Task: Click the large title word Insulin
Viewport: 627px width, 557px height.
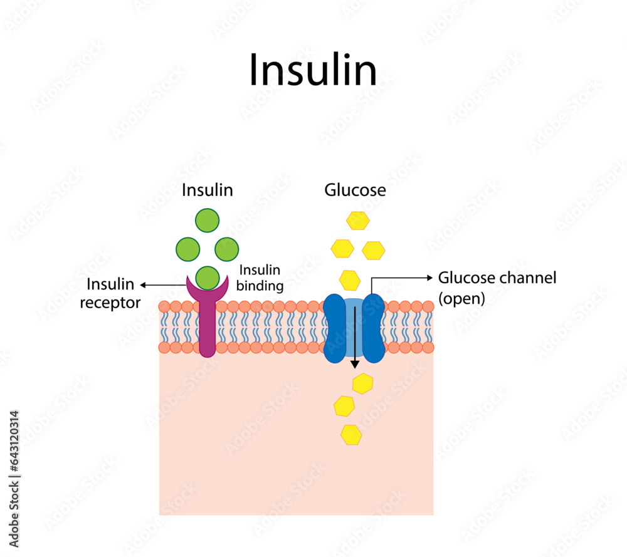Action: coord(313,70)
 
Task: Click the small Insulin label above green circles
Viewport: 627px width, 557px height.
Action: coord(207,190)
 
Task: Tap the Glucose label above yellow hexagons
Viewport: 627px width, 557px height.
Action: coord(355,190)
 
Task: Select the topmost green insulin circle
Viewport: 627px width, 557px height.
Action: coord(207,221)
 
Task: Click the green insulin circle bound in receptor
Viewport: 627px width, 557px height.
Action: coord(207,277)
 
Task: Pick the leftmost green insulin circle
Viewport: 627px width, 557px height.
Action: coord(187,249)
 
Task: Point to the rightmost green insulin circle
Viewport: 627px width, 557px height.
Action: coord(226,249)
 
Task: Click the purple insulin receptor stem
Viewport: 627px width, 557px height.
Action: coord(207,329)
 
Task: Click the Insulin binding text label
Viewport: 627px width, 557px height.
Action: coord(260,278)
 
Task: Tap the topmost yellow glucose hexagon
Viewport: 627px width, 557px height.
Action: coord(358,221)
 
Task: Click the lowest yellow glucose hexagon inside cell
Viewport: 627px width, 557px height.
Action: coord(351,434)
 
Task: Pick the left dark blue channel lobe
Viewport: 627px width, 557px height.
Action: coord(335,328)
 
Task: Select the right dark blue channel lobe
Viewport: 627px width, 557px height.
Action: coord(374,328)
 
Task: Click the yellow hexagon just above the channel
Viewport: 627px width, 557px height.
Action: coord(350,279)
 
